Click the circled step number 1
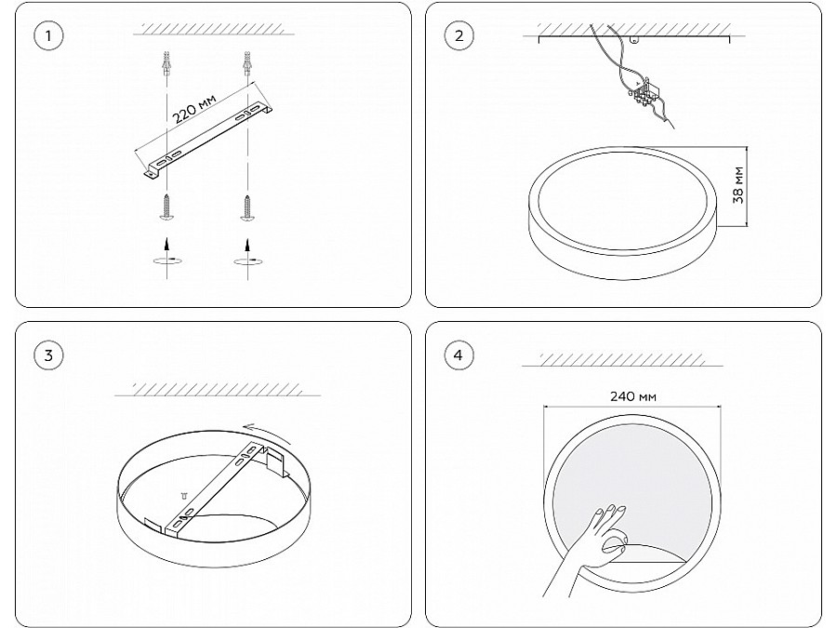[48, 35]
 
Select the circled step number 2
[458, 35]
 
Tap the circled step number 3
[48, 355]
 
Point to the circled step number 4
[458, 355]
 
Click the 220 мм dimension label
[194, 109]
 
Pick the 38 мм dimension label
[738, 185]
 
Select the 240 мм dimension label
[633, 396]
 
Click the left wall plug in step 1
[167, 63]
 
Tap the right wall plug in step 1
[246, 63]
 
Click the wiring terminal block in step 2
[644, 92]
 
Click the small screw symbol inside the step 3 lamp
[185, 496]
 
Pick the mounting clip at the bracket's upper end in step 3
[275, 461]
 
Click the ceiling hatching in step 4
[622, 359]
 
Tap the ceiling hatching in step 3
[218, 389]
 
